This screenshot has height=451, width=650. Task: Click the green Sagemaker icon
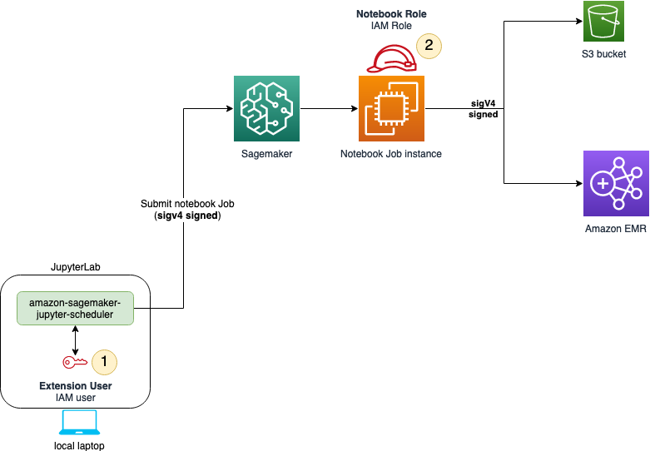pyautogui.click(x=264, y=107)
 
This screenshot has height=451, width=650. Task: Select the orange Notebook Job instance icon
pyautogui.click(x=390, y=107)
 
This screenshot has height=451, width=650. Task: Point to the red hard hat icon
pyautogui.click(x=391, y=60)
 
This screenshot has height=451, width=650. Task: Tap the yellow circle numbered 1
pyautogui.click(x=104, y=361)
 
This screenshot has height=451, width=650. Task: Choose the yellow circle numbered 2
pyautogui.click(x=429, y=45)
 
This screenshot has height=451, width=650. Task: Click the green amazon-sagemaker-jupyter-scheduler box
pyautogui.click(x=77, y=308)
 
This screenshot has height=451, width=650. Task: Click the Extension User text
pyautogui.click(x=76, y=386)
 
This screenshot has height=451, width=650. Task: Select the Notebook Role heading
pyautogui.click(x=391, y=14)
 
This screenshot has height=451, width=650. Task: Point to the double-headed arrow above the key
pyautogui.click(x=76, y=338)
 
